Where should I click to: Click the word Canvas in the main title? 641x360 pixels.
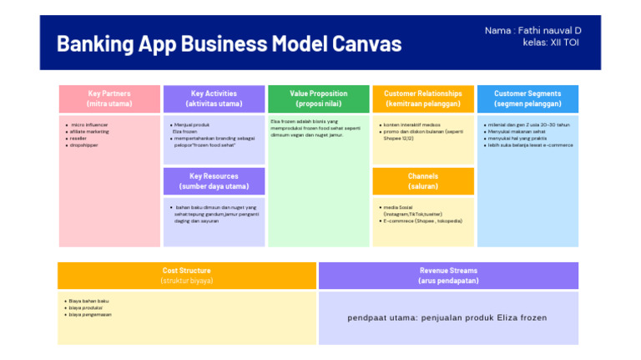(x=358, y=43)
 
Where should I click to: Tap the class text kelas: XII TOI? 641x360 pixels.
(x=552, y=43)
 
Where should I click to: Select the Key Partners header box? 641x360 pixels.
(x=109, y=99)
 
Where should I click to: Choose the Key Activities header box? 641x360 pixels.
(x=214, y=99)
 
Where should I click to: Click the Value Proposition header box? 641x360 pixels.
(x=318, y=99)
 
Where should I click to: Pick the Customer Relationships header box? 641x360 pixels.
(x=422, y=99)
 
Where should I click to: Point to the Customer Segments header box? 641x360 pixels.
(x=527, y=99)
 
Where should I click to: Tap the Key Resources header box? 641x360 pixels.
(x=214, y=181)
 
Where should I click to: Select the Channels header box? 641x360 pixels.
(x=422, y=181)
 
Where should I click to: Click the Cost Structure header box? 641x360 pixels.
(x=186, y=276)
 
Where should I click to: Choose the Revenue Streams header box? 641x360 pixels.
(x=448, y=276)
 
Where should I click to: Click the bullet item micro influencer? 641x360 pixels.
(x=90, y=124)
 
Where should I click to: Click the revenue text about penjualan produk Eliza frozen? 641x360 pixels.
(x=447, y=318)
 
